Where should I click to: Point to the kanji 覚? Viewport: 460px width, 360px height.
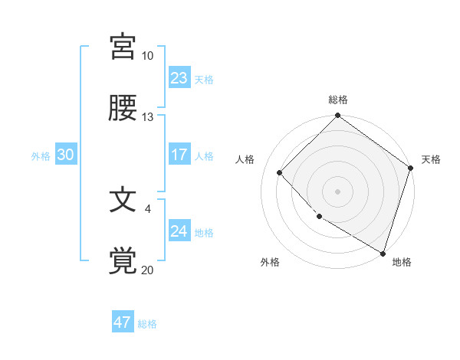pyautogui.click(x=123, y=260)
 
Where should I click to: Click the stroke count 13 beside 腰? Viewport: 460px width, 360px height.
pyautogui.click(x=148, y=117)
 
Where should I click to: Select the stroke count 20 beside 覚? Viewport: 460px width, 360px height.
pyautogui.click(x=148, y=270)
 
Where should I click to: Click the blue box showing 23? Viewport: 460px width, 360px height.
pyautogui.click(x=179, y=78)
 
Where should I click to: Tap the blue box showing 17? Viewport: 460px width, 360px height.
pyautogui.click(x=179, y=155)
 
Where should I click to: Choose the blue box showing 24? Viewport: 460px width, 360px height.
pyautogui.click(x=179, y=231)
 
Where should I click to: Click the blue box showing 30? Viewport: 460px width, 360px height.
pyautogui.click(x=66, y=155)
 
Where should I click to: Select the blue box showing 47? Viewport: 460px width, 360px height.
pyautogui.click(x=123, y=322)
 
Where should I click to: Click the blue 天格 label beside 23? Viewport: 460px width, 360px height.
pyautogui.click(x=204, y=80)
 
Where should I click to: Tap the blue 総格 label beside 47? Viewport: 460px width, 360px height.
pyautogui.click(x=147, y=324)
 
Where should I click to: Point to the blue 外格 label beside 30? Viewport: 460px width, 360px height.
pyautogui.click(x=41, y=156)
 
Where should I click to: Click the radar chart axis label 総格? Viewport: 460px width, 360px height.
pyautogui.click(x=338, y=100)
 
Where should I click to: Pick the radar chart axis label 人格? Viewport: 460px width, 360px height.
pyautogui.click(x=245, y=159)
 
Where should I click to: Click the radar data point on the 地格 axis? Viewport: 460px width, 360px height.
pyautogui.click(x=383, y=252)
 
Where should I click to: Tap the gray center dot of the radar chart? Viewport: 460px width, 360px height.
pyautogui.click(x=338, y=191)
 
